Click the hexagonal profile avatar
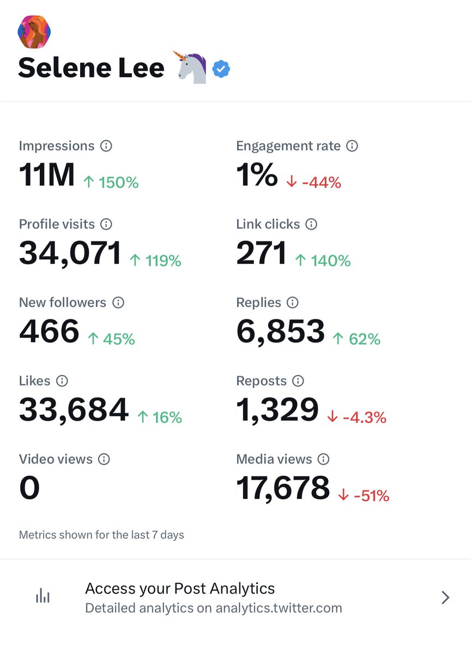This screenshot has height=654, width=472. (x=34, y=32)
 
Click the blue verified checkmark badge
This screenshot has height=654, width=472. (x=221, y=69)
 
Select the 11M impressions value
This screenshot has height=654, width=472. (x=46, y=175)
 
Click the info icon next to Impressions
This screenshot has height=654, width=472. (x=106, y=146)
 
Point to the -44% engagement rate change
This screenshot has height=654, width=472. (x=313, y=183)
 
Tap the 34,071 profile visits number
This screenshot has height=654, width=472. (x=70, y=254)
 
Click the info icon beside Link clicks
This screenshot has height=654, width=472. (x=311, y=224)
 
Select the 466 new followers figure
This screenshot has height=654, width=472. (x=49, y=332)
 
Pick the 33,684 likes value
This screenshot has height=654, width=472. (x=74, y=410)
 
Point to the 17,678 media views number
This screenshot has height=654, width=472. (x=283, y=488)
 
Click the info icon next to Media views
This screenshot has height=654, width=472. (x=323, y=459)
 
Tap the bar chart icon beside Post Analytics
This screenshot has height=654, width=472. (x=43, y=597)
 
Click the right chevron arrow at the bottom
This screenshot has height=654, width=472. (x=445, y=598)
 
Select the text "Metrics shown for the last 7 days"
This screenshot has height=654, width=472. (x=101, y=535)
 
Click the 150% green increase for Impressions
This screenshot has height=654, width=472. (x=111, y=183)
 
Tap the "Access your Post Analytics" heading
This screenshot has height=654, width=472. (x=180, y=589)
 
